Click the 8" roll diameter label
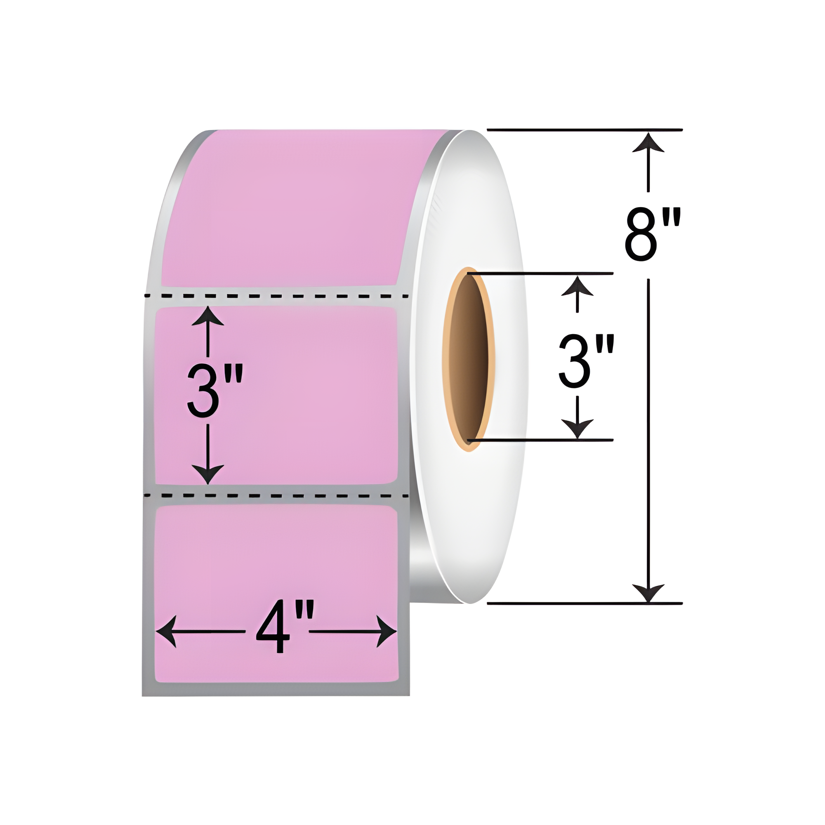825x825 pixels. [x=652, y=234]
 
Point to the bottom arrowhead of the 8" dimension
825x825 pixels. [x=648, y=593]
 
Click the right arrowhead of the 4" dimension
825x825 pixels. [x=387, y=632]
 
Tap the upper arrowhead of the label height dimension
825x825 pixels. [x=207, y=316]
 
